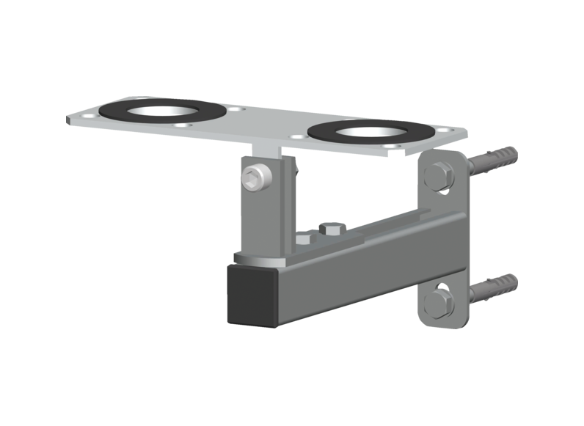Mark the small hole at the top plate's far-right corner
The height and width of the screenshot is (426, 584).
442,131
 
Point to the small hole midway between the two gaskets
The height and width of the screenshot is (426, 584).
233,109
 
